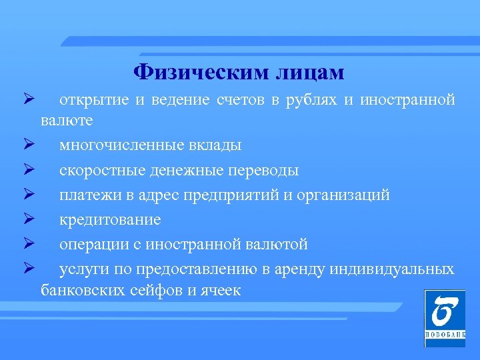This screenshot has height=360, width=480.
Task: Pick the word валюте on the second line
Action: point(67,121)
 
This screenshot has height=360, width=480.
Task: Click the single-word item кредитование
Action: point(110,220)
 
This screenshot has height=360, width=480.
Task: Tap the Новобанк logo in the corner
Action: point(445,318)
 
